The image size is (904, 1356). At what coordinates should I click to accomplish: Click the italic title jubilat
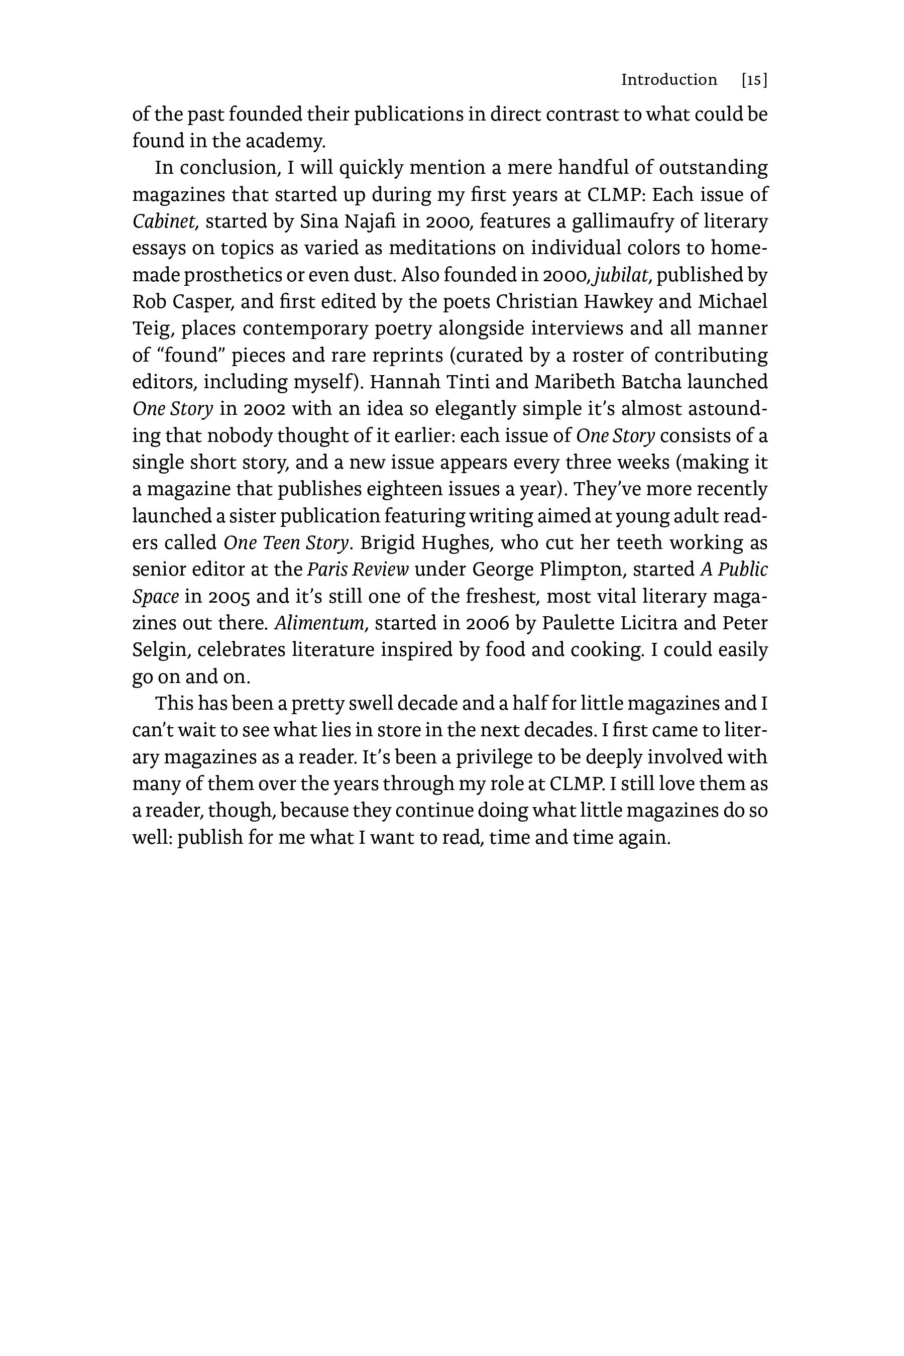622,275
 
